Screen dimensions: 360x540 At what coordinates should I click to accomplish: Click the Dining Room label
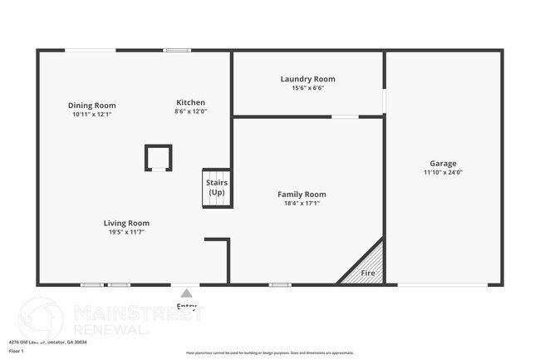91,106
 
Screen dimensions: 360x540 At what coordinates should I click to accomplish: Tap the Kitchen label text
189,102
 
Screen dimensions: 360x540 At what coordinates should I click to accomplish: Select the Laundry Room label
307,79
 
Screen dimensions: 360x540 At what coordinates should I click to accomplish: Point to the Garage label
443,164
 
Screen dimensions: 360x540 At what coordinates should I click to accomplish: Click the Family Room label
302,194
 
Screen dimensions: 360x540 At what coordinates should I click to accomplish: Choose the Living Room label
126,223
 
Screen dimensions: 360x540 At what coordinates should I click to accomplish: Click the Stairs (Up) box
217,188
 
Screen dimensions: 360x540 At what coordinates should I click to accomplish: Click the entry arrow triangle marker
187,293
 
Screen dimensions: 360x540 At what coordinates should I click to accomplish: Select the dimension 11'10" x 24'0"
443,173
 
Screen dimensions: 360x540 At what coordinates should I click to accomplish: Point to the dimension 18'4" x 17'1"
302,203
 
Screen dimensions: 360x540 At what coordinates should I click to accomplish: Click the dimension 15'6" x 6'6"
307,88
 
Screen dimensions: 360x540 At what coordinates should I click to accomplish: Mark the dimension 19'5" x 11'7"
126,232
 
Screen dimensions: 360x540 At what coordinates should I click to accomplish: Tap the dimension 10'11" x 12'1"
91,115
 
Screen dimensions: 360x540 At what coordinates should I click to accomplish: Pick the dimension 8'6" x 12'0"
189,111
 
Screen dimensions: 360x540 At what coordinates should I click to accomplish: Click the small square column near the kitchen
158,157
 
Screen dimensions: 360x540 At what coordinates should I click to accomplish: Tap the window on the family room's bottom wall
280,285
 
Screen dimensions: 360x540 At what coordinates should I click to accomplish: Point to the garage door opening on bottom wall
443,285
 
